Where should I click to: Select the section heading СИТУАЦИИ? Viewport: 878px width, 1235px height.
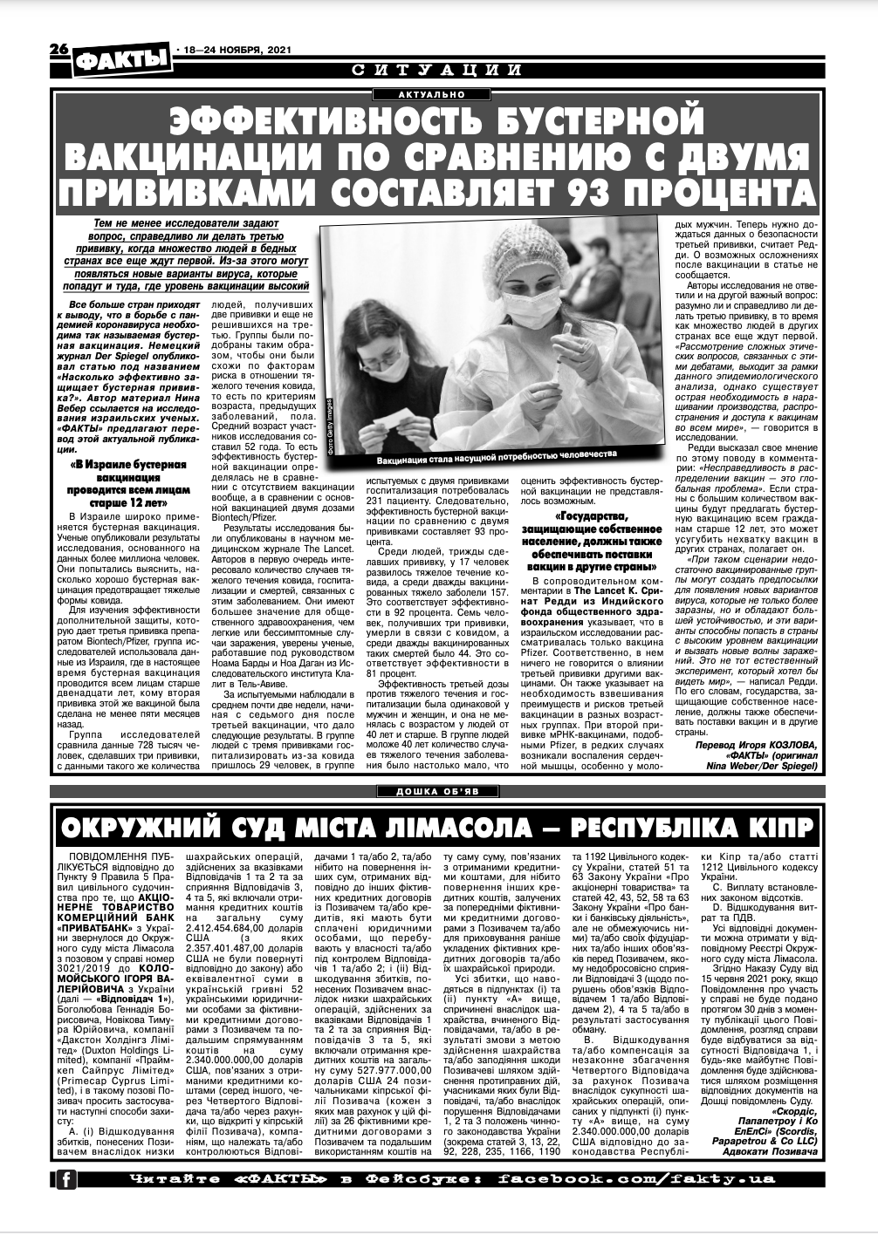[x=438, y=71]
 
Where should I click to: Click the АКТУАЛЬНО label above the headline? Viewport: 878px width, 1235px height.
[x=433, y=93]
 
